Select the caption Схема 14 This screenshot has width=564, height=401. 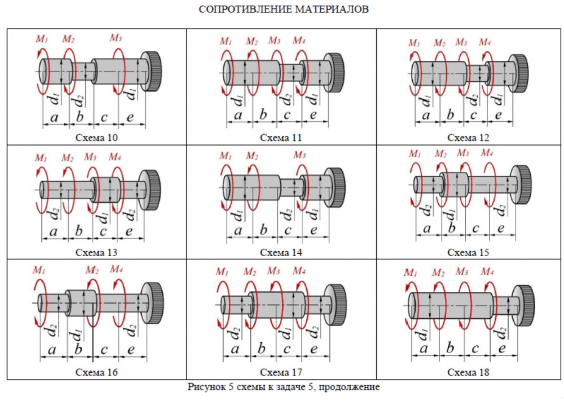(x=281, y=252)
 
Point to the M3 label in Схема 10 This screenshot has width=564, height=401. (x=116, y=38)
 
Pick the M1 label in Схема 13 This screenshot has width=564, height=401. (x=42, y=157)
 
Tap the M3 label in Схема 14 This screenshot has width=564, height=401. (x=299, y=155)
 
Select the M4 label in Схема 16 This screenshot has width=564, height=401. (x=117, y=269)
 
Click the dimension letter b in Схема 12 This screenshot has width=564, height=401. (x=450, y=115)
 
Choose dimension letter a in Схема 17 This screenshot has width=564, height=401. (x=236, y=349)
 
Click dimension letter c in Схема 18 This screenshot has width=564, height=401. (x=475, y=349)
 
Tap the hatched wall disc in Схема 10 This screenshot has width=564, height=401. (x=152, y=70)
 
